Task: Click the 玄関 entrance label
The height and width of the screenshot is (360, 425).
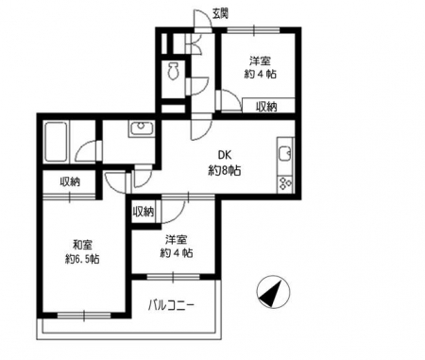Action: [x=220, y=13]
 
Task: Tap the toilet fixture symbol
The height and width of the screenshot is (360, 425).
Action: [x=173, y=71]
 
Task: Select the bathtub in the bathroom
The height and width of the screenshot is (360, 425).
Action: [x=56, y=142]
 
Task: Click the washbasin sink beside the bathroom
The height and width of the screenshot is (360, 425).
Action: [x=142, y=129]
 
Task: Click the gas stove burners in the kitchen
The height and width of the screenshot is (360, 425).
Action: [x=285, y=183]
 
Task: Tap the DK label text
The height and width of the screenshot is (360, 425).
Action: [x=225, y=155]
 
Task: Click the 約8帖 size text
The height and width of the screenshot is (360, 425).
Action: [x=225, y=170]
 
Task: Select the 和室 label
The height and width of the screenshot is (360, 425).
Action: [x=82, y=244]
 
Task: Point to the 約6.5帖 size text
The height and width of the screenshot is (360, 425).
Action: [x=82, y=259]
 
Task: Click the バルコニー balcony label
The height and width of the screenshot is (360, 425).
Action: [x=170, y=305]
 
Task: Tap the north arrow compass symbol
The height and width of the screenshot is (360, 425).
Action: [x=273, y=292]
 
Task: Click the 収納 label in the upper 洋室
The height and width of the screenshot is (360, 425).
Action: [x=266, y=107]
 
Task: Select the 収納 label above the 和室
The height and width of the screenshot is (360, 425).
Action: [x=70, y=181]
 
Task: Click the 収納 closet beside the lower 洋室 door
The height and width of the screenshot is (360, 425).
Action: [x=144, y=212]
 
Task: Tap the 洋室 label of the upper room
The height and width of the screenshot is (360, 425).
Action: [x=261, y=60]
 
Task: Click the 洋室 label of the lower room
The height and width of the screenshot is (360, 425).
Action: [x=176, y=239]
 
